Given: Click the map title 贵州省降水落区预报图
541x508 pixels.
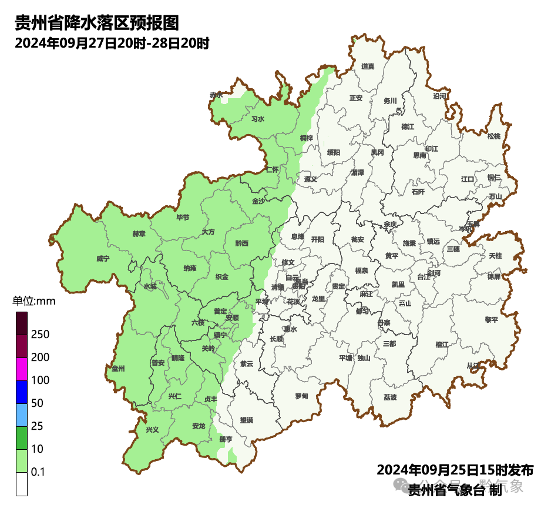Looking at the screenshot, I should click(96, 24).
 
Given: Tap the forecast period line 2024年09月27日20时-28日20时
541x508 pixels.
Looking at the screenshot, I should click(112, 44).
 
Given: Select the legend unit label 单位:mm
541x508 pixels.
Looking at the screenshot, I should click(33, 302).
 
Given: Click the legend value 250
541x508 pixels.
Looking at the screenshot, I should click(40, 335).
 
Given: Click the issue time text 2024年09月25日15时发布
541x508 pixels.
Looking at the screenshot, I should click(455, 470).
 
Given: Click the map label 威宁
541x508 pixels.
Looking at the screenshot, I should click(103, 259).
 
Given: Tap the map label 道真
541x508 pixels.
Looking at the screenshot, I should click(368, 66).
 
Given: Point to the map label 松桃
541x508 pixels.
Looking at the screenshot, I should click(494, 136).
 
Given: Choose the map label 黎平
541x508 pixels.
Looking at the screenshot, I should click(491, 320).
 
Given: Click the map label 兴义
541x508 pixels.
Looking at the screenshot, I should click(152, 430).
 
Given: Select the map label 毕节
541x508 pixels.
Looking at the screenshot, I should click(183, 218).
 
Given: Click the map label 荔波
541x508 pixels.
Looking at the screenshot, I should click(390, 397).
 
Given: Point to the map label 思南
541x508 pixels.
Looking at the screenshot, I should click(419, 156).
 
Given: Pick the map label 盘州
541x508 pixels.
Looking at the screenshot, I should click(118, 369).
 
